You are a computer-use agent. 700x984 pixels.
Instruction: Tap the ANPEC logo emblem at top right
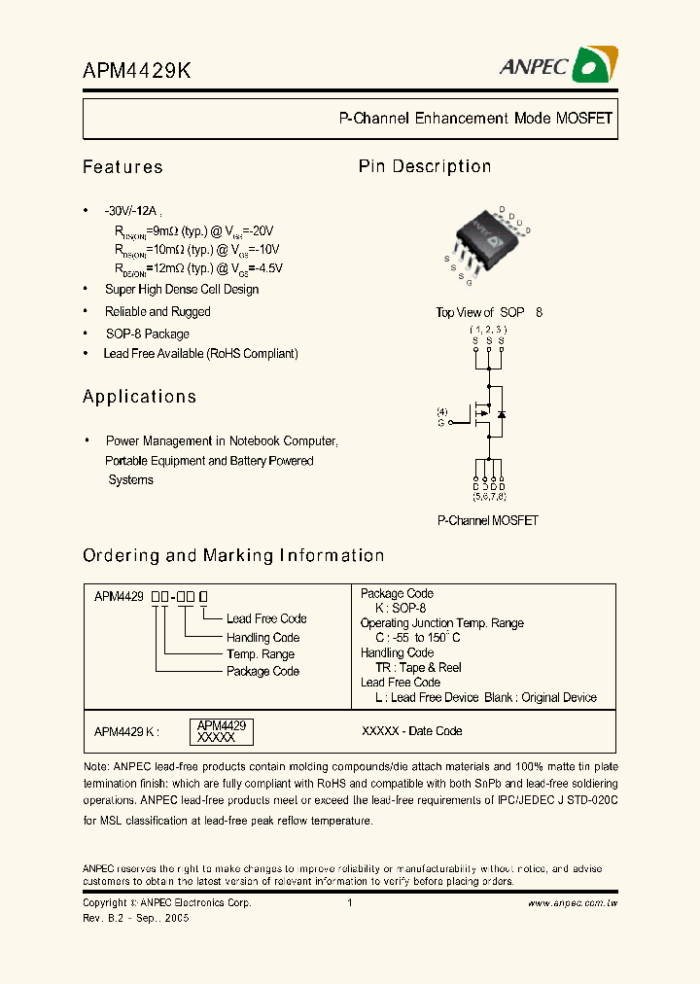coord(592,66)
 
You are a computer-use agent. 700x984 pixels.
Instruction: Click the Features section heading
coord(122,167)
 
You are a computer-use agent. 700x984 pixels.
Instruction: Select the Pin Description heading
coord(425,166)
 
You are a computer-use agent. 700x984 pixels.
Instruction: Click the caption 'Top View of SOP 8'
coord(489,312)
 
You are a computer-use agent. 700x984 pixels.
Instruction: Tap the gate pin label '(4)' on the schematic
coord(442,411)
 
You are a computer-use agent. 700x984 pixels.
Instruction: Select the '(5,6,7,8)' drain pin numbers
coord(489,496)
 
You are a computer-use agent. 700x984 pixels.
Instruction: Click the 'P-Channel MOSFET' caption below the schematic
coord(487,520)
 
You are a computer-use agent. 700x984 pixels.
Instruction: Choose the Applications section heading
coord(139,397)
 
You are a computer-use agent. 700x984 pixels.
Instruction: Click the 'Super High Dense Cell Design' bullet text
coord(182,290)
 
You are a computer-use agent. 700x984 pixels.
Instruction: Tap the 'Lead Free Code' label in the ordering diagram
coord(266,618)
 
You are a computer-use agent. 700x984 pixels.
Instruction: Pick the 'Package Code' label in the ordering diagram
coord(262,671)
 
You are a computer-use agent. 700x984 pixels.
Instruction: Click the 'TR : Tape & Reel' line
coord(418,668)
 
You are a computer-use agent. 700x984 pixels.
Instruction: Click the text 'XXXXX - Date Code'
coord(411,731)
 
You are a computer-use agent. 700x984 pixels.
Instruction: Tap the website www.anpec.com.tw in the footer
coord(573,903)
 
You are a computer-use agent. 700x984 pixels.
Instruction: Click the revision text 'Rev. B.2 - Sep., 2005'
coord(136,918)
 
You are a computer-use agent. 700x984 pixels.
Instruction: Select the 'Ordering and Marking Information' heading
coord(233,556)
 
